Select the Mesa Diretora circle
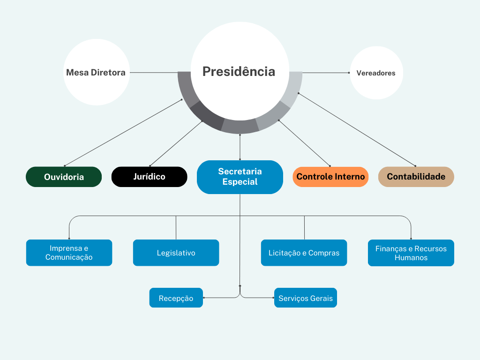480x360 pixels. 96,72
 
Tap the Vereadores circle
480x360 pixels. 376,73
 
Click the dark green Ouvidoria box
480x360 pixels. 64,177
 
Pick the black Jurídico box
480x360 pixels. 149,177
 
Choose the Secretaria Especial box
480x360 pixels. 240,177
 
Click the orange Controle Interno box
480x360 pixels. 330,177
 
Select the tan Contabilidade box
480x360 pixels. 416,177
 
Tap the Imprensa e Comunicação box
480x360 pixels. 69,253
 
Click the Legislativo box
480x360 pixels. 176,253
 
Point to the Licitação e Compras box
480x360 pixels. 304,253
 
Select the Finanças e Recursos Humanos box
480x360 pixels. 411,253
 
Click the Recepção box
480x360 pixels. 176,298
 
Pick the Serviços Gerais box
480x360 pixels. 305,298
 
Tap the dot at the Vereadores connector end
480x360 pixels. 349,73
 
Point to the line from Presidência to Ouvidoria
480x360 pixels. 123,133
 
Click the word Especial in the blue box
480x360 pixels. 240,182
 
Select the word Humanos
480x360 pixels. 411,257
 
